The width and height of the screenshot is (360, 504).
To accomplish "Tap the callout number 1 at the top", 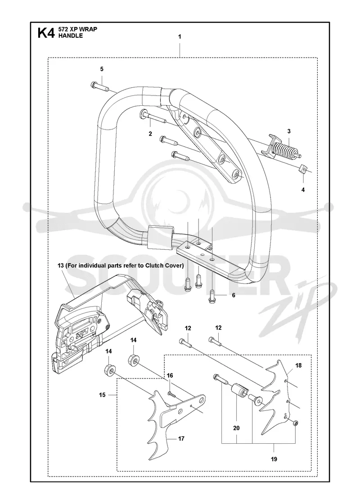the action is (x=180, y=37).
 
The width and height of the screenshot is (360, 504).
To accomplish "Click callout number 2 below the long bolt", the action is (x=150, y=134).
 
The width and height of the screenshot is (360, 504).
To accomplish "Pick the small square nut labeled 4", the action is (x=303, y=168).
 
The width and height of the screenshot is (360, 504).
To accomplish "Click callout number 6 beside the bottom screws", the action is (x=234, y=295).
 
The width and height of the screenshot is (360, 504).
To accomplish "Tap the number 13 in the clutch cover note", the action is (x=60, y=265).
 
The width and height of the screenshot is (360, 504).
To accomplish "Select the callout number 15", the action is (x=102, y=395).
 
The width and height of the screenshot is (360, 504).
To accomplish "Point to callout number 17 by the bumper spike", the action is (x=181, y=438).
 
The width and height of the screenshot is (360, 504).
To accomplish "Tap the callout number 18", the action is (x=299, y=365).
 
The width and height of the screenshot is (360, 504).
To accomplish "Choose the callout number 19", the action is (x=274, y=459).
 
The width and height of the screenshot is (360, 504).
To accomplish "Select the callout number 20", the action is (x=237, y=428).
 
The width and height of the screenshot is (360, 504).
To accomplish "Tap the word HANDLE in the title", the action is (x=70, y=36).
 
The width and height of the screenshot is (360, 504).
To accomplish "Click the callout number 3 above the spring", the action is (x=289, y=131).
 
